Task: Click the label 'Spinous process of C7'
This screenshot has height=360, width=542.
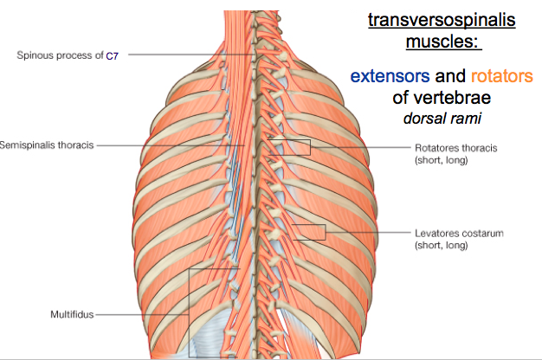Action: pos(68,55)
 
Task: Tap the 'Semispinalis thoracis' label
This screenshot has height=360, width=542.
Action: pos(46,145)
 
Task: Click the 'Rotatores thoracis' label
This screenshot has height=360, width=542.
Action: pos(455,148)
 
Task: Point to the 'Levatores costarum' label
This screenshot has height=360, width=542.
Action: pos(459,234)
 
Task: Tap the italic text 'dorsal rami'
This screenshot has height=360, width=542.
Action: pos(442,116)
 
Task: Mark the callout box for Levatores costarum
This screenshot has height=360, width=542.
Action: pos(308,231)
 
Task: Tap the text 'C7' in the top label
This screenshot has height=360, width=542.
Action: pos(112,55)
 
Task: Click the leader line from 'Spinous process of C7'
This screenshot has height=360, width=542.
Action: pos(182,55)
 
